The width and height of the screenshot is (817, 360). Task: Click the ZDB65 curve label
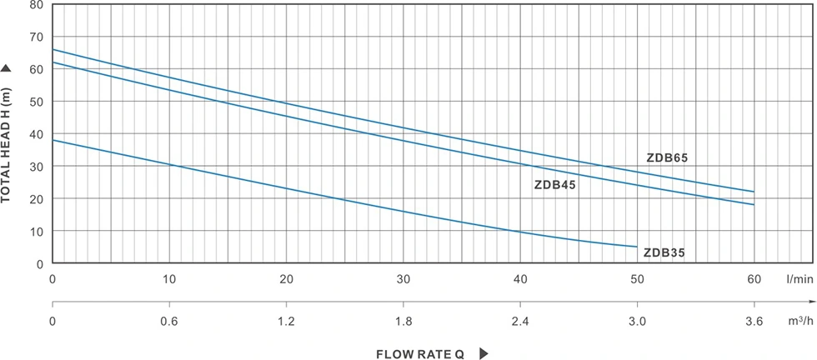667,157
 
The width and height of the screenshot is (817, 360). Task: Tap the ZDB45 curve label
554,185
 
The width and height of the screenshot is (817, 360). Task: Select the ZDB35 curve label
664,252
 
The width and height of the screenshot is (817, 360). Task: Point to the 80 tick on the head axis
36,5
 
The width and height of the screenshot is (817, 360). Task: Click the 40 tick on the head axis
36,134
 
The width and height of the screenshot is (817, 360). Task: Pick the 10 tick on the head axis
36,231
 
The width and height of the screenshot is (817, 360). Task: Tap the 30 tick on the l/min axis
403,279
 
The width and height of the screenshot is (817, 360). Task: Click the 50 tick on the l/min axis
637,279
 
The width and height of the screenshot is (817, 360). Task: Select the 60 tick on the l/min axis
754,279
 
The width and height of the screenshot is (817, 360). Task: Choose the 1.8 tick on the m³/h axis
403,320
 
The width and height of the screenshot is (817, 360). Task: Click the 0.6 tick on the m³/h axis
170,320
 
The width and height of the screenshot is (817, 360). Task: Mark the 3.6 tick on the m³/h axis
754,320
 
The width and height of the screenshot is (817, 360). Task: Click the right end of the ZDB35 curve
637,247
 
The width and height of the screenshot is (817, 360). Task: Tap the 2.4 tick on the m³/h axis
520,320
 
